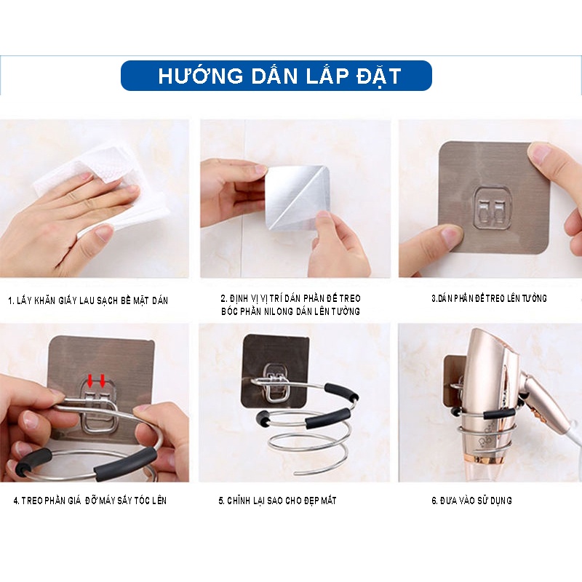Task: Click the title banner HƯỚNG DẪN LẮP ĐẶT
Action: (276, 76)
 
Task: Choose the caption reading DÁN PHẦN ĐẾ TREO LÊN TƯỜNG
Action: (489, 298)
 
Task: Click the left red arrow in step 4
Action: (92, 379)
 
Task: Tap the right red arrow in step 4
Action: (103, 379)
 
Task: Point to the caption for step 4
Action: (89, 501)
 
